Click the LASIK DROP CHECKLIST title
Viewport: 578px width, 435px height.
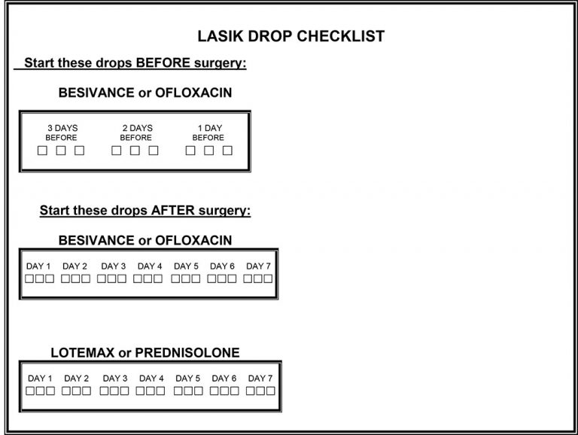pyautogui.click(x=291, y=36)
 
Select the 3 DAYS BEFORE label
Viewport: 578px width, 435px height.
pyautogui.click(x=62, y=132)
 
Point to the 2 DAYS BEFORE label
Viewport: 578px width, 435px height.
pyautogui.click(x=136, y=132)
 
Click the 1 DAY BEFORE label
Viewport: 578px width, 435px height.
pyautogui.click(x=208, y=132)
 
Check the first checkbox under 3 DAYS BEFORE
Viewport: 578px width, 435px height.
pyautogui.click(x=42, y=151)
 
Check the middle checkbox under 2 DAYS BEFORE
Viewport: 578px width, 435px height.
pyautogui.click(x=135, y=151)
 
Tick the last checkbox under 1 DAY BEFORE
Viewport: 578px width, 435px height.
pyautogui.click(x=227, y=151)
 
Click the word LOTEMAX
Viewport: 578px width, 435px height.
pyautogui.click(x=83, y=353)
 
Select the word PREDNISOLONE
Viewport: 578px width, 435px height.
pyautogui.click(x=187, y=353)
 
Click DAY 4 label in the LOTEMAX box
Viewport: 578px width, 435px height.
pyautogui.click(x=151, y=379)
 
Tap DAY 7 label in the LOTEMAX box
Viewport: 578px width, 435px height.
pyautogui.click(x=260, y=379)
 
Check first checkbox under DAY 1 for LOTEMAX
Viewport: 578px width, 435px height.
pyautogui.click(x=30, y=391)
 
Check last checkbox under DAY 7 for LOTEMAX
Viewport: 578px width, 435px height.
pyautogui.click(x=270, y=391)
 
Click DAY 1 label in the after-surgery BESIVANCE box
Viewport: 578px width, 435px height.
pyautogui.click(x=38, y=266)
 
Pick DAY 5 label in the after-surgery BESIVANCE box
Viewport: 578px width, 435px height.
pyautogui.click(x=186, y=266)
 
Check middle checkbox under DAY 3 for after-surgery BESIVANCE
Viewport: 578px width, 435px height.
pyautogui.click(x=111, y=278)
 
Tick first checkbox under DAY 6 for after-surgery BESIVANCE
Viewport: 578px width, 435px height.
pyautogui.click(x=212, y=278)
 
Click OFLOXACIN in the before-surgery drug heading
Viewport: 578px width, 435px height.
pyautogui.click(x=193, y=93)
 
